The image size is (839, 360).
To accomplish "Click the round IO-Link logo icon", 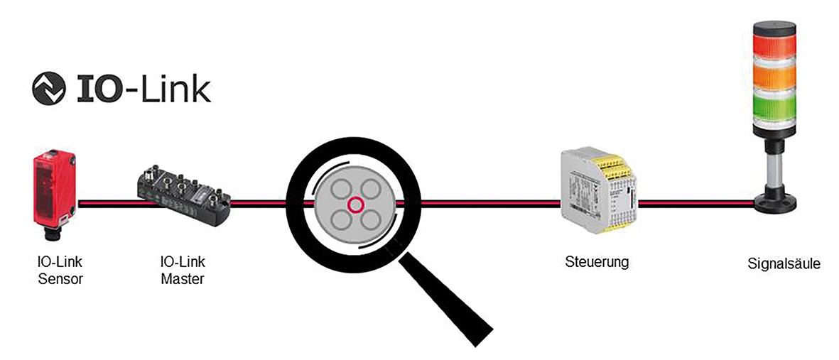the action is click(x=49, y=88).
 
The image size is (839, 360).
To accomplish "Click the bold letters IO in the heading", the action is click(x=98, y=89).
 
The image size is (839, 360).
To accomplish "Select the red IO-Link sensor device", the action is click(x=55, y=196).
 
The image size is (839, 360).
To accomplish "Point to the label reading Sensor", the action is click(x=60, y=278).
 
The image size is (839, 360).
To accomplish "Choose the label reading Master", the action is click(x=183, y=278).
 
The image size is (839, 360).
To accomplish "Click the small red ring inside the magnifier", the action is click(x=355, y=204).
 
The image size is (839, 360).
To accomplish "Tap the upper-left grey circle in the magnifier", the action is click(x=340, y=189).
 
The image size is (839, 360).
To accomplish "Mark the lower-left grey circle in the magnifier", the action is click(x=340, y=219).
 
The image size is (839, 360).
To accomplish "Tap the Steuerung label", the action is click(x=597, y=263).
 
